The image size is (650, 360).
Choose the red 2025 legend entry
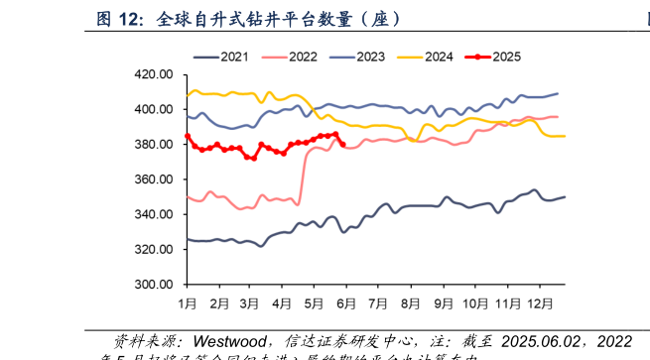504,58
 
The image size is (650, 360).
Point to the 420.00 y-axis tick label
154,74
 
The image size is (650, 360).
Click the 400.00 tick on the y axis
154,109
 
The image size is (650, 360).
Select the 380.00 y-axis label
154,145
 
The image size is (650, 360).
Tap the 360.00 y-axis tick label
154,180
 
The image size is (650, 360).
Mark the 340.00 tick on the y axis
154,214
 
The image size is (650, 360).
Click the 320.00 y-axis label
154,250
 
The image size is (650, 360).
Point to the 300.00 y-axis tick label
154,285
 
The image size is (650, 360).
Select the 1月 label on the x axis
187,301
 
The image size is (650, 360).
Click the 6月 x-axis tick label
346,301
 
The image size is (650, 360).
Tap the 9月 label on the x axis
443,301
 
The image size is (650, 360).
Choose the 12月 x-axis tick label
540,301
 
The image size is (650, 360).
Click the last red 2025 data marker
342,144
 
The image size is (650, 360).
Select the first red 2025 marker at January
187,136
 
